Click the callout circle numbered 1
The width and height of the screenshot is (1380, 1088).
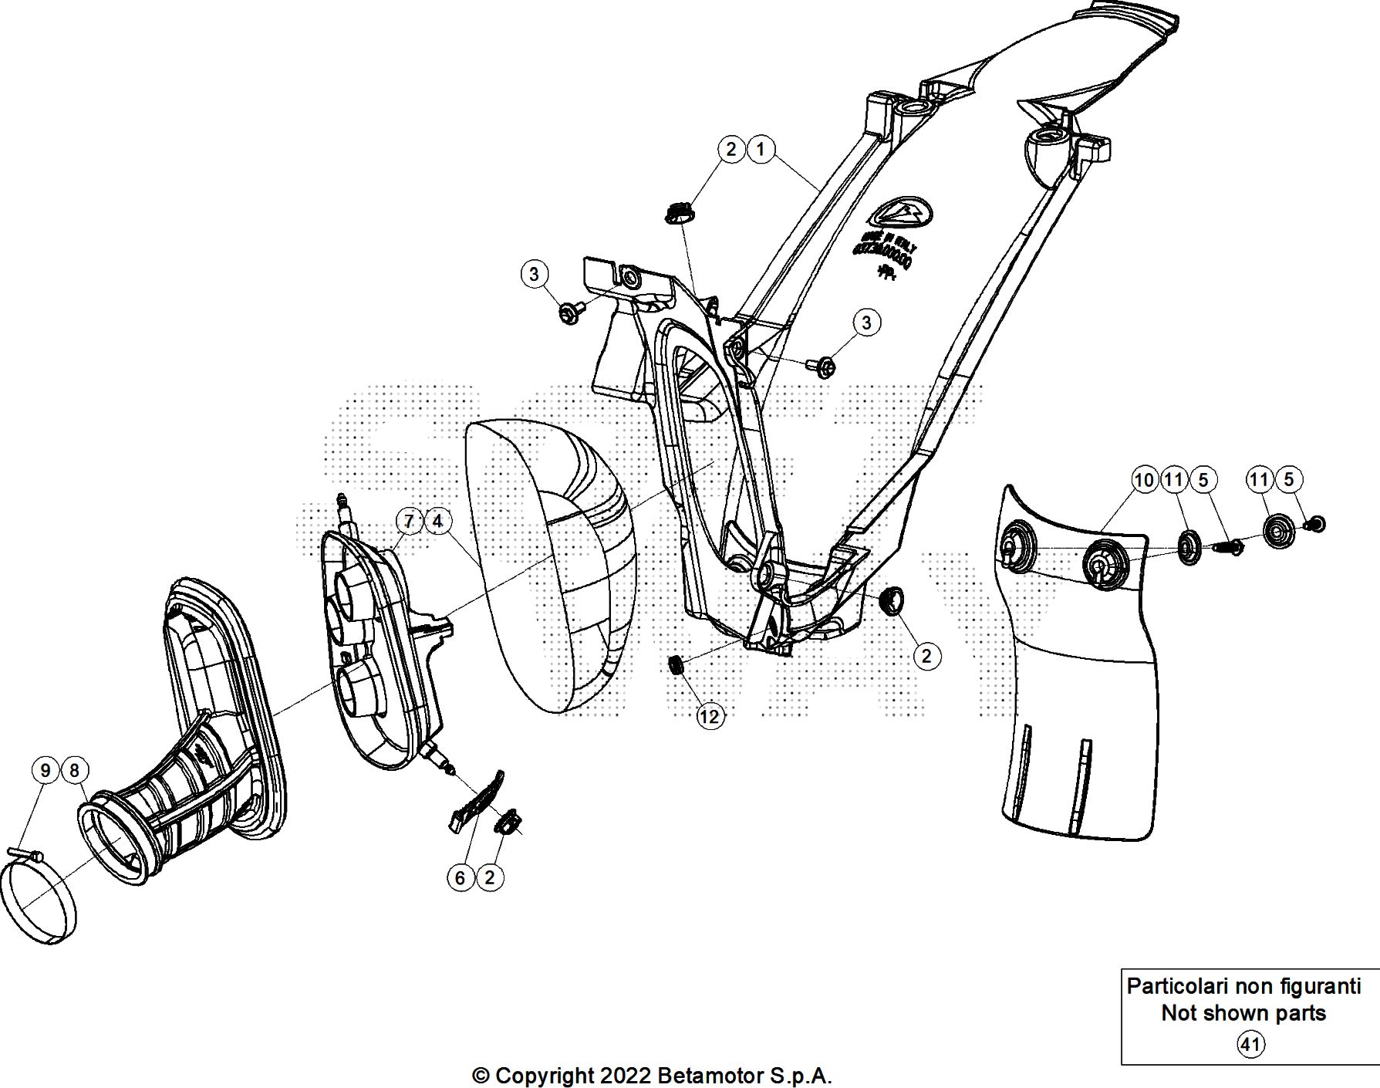coord(761,149)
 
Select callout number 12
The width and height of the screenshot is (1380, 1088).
coord(709,717)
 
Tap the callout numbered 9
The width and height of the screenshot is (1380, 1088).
coord(46,770)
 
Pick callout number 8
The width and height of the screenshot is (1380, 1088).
coord(75,770)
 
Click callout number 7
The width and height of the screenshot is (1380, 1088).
coord(409,521)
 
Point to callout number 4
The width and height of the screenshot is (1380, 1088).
coord(437,521)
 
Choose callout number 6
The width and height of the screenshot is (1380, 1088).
coord(461,877)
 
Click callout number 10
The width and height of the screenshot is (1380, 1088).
coord(1144,480)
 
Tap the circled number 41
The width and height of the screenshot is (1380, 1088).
coord(1250,1045)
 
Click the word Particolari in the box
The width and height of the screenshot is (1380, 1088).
coord(1177,986)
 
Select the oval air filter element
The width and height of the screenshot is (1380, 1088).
coord(552,563)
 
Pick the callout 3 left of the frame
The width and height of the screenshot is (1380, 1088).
coord(534,273)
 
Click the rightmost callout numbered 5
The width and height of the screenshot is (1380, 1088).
coord(1288,480)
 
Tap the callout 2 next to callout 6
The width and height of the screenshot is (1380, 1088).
coord(489,877)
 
